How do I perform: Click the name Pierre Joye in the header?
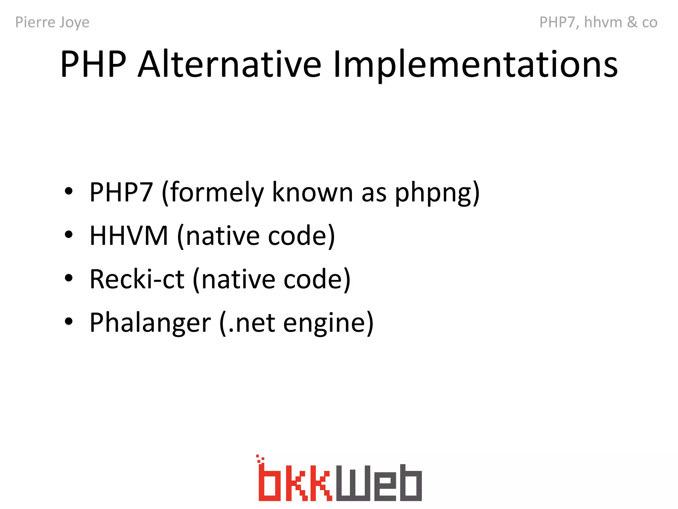point(52,23)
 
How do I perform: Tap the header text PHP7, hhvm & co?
point(598,23)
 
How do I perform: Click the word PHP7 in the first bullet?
point(121,192)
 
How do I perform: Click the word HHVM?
point(129,236)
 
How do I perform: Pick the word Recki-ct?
point(137,279)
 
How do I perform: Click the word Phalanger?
point(150,323)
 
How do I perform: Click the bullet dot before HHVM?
point(69,235)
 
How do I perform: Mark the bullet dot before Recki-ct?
point(69,278)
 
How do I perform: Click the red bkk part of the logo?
point(295,481)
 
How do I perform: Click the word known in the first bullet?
point(313,192)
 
